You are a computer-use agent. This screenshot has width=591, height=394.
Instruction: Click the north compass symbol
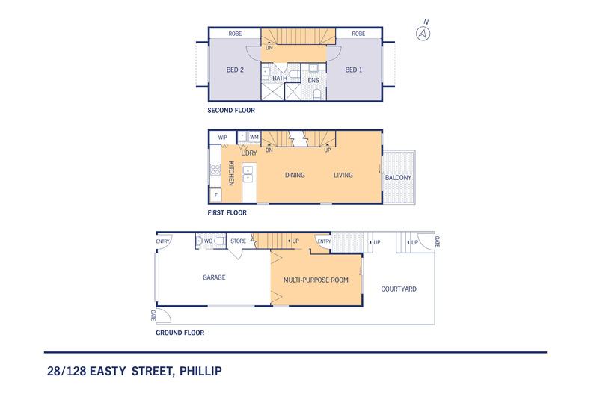[424, 33]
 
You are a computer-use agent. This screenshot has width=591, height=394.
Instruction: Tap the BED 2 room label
[235, 70]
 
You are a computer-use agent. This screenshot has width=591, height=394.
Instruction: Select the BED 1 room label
[354, 70]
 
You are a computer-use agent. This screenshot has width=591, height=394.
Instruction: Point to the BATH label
[279, 78]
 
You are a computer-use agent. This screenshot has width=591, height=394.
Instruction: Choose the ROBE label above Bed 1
[358, 34]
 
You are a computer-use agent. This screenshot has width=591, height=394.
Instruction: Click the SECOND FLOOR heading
[231, 111]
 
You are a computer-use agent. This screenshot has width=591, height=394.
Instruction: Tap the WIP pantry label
[222, 138]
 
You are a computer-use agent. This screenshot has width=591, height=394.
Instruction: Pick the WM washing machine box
[254, 137]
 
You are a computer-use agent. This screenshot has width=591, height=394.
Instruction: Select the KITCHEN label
[232, 173]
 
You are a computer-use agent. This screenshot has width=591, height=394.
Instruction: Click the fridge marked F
[215, 196]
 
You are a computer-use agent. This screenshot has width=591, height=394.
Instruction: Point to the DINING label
[295, 176]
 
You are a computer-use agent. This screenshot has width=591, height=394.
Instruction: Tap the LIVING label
[343, 176]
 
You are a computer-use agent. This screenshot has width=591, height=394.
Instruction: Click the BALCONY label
[398, 177]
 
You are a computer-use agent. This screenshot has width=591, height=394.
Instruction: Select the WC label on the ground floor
[209, 241]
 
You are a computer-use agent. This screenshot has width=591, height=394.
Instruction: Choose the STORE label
[238, 241]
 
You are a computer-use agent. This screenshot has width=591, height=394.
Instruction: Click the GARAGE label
[214, 277]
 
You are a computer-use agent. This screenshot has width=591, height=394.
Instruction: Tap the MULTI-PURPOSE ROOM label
[316, 280]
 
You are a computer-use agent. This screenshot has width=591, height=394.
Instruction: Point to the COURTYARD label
[399, 289]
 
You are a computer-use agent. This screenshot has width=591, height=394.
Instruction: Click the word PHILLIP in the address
[197, 370]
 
